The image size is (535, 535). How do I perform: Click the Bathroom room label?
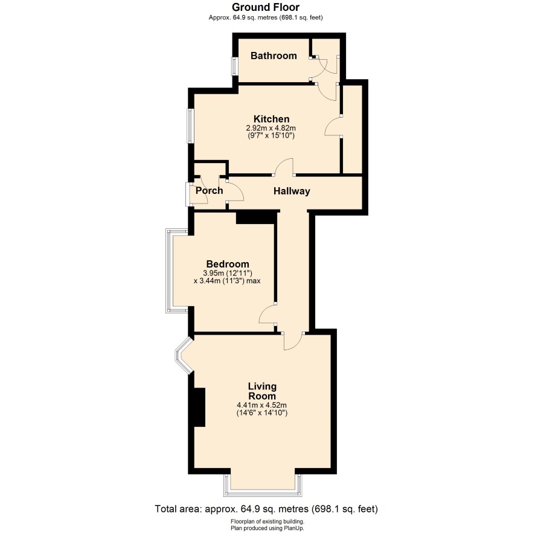pyautogui.click(x=274, y=56)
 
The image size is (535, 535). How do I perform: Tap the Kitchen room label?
pyautogui.click(x=271, y=119)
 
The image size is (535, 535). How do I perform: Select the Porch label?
pyautogui.click(x=209, y=190)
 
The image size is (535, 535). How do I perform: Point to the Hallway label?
pyautogui.click(x=292, y=191)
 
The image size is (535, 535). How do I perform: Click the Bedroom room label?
pyautogui.click(x=228, y=264)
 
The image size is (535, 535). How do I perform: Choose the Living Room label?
pyautogui.click(x=262, y=391)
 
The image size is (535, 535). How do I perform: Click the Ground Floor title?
pyautogui.click(x=266, y=7)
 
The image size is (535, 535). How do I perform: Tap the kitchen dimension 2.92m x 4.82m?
pyautogui.click(x=271, y=128)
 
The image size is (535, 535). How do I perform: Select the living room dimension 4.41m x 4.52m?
pyautogui.click(x=261, y=405)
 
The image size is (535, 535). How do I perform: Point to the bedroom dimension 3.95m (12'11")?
pyautogui.click(x=227, y=273)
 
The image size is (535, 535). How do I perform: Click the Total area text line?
pyautogui.click(x=266, y=509)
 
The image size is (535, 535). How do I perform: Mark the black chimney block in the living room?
pyautogui.click(x=200, y=407)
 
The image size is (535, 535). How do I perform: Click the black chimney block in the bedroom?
pyautogui.click(x=256, y=218)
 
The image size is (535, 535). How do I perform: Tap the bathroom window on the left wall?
pyautogui.click(x=235, y=66)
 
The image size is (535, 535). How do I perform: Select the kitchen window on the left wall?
pyautogui.click(x=190, y=126)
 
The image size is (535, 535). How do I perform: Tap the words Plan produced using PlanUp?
pyautogui.click(x=267, y=528)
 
